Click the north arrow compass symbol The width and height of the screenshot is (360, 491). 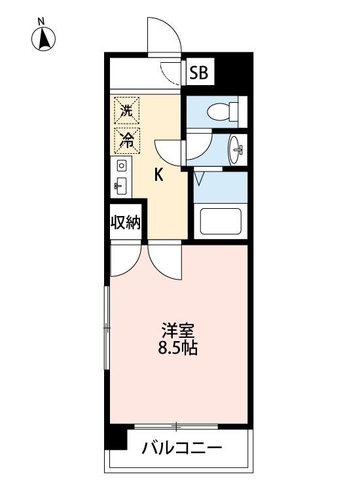(44, 40)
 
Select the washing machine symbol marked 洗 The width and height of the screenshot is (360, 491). (125, 111)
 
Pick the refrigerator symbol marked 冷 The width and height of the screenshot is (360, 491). (125, 139)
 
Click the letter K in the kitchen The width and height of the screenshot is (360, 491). (158, 175)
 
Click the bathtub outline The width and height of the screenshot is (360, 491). (221, 221)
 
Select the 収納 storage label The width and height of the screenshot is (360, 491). (125, 223)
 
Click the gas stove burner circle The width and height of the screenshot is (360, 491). (121, 166)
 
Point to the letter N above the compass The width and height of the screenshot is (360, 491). (41, 21)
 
